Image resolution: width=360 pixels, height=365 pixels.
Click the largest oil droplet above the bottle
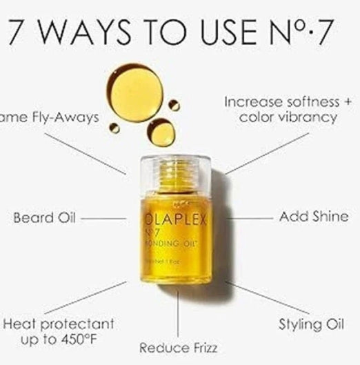(x=135, y=92)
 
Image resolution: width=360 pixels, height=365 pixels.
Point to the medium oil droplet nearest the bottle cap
(x=161, y=132)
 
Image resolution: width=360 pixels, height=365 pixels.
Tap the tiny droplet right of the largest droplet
(x=174, y=105)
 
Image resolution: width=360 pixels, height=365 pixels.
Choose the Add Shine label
(x=314, y=217)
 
